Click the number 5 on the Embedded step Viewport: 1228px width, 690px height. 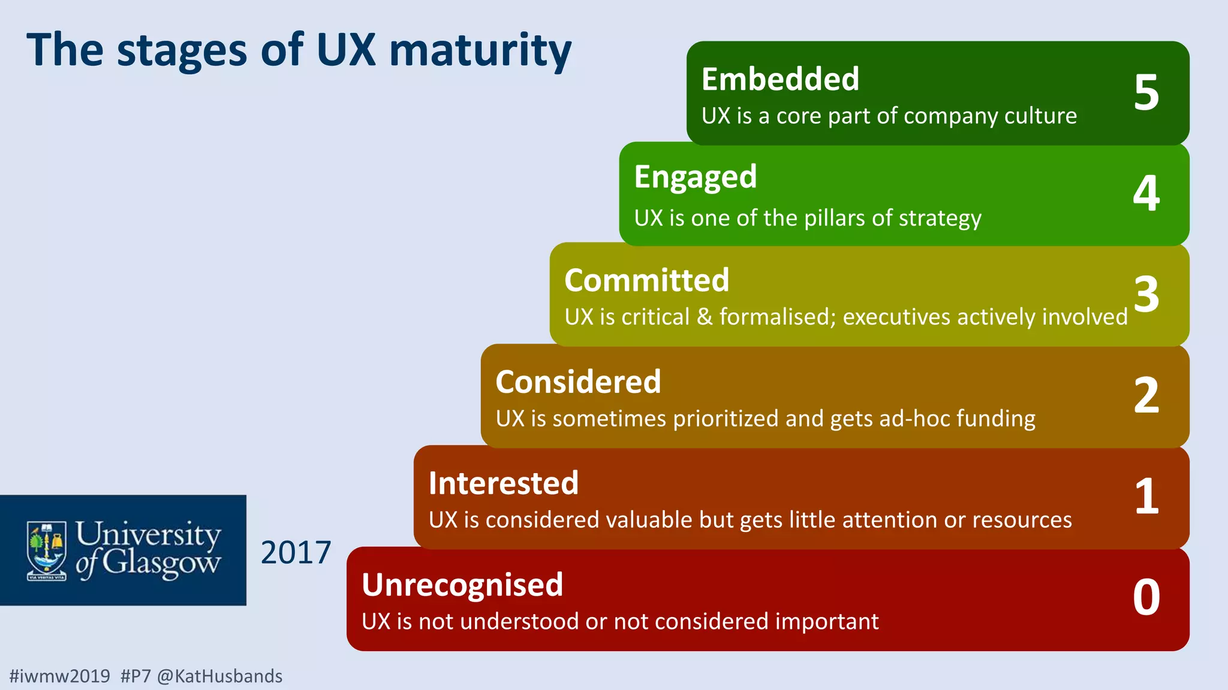click(x=1146, y=93)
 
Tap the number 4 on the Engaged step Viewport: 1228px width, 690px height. click(x=1146, y=193)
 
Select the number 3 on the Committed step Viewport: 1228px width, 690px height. click(x=1146, y=294)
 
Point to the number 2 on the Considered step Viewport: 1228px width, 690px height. click(x=1146, y=395)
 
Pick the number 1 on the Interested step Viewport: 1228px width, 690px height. click(x=1146, y=497)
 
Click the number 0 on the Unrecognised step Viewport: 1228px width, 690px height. click(x=1146, y=597)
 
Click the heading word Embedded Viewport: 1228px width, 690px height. click(x=780, y=79)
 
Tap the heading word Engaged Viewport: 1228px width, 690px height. click(x=696, y=178)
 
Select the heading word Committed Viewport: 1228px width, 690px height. click(x=646, y=280)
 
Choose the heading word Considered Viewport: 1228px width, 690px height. click(x=578, y=382)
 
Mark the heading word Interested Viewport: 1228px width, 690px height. click(x=504, y=483)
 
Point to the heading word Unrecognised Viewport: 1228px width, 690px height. click(x=462, y=585)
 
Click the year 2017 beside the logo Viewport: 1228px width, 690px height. click(x=296, y=552)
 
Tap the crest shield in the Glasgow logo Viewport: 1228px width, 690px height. click(x=47, y=550)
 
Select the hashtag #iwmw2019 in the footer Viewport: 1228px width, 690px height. click(x=60, y=676)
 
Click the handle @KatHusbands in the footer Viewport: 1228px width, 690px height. click(x=219, y=676)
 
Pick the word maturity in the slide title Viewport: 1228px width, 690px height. click(x=480, y=50)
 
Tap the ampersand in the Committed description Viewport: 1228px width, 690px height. click(x=705, y=317)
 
